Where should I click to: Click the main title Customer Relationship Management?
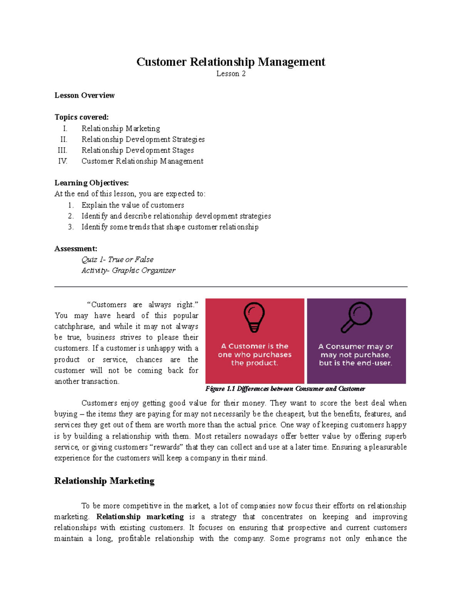[x=231, y=62]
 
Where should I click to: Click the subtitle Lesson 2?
[x=231, y=74]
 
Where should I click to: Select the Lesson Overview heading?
[x=84, y=95]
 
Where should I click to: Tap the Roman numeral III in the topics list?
[x=62, y=150]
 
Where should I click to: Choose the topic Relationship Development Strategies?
[x=143, y=139]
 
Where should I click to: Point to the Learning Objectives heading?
[x=91, y=183]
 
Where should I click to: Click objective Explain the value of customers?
[x=132, y=205]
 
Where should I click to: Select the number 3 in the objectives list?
[x=70, y=227]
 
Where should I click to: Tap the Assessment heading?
[x=75, y=248]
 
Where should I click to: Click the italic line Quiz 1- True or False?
[x=117, y=260]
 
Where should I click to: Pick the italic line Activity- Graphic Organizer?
[x=128, y=270]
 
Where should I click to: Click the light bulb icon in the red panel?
[x=254, y=317]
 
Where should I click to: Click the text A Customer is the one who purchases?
[x=254, y=350]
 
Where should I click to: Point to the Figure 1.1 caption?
[x=285, y=389]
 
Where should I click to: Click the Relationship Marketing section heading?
[x=104, y=481]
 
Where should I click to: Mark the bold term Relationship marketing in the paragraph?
[x=140, y=517]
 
